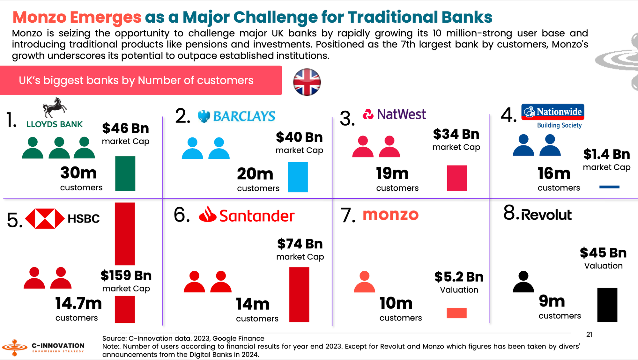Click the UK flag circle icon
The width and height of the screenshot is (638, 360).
click(x=307, y=82)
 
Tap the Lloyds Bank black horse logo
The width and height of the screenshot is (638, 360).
click(x=55, y=108)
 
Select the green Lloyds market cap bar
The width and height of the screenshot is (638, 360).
click(x=125, y=173)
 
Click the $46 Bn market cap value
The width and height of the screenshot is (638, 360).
click(x=125, y=128)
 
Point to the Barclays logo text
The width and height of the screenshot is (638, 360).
click(x=244, y=116)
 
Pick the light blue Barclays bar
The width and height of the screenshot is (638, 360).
click(x=298, y=177)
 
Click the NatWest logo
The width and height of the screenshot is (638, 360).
click(x=394, y=114)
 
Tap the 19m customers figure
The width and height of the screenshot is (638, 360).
click(x=392, y=173)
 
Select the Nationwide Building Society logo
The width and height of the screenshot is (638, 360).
click(x=553, y=116)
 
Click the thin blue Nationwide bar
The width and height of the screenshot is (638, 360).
click(x=609, y=187)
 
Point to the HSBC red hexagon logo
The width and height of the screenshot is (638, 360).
click(x=45, y=219)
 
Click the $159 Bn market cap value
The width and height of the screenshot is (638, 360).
click(x=126, y=276)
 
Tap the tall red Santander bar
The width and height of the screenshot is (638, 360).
click(x=299, y=295)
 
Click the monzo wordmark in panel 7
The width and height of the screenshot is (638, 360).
click(x=390, y=215)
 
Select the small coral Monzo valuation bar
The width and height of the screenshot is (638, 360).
click(x=456, y=313)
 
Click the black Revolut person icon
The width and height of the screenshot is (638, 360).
click(x=523, y=282)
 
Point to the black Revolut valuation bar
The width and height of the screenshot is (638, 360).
click(x=607, y=305)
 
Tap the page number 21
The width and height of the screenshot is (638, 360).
click(x=589, y=334)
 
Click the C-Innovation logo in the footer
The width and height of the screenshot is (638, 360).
click(x=43, y=347)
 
